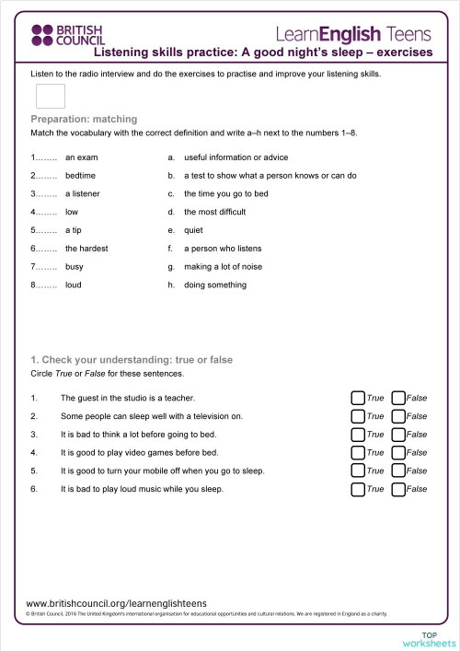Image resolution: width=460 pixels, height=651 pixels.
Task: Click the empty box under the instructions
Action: point(50,96)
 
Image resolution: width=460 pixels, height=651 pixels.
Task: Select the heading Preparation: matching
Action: point(84,120)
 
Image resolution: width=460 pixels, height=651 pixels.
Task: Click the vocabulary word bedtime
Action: point(80,175)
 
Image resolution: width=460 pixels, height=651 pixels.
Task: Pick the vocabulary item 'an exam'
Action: point(82,157)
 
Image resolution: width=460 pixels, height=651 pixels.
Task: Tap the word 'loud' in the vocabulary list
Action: point(75,285)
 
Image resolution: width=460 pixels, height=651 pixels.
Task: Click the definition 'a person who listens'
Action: point(223,249)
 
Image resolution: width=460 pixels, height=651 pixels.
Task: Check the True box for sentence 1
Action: point(357,398)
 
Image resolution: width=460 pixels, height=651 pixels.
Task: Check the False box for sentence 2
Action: point(397,416)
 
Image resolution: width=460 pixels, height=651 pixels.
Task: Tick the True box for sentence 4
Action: point(357,453)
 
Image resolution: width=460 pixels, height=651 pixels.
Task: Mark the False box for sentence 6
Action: point(397,489)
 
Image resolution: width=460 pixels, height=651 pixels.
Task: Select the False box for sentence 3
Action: point(397,435)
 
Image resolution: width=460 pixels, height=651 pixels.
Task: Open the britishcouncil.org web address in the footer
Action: point(117,603)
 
